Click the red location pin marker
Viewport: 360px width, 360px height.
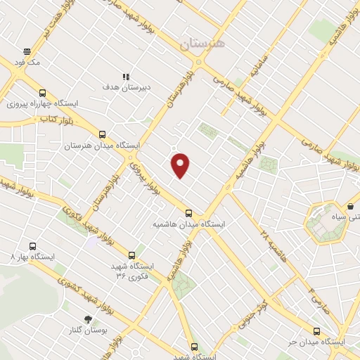(181, 166)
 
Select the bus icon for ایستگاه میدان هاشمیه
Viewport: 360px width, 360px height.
(188, 213)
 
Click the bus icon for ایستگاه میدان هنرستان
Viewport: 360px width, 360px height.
(103, 134)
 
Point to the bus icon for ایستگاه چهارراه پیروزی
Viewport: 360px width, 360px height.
(42, 93)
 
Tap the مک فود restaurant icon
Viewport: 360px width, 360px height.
(27, 51)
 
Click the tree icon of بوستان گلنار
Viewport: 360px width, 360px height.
(88, 319)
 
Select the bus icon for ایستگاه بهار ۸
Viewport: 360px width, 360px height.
(32, 246)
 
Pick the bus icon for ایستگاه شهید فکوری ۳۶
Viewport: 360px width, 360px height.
(131, 255)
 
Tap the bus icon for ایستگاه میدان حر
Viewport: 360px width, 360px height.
(316, 331)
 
